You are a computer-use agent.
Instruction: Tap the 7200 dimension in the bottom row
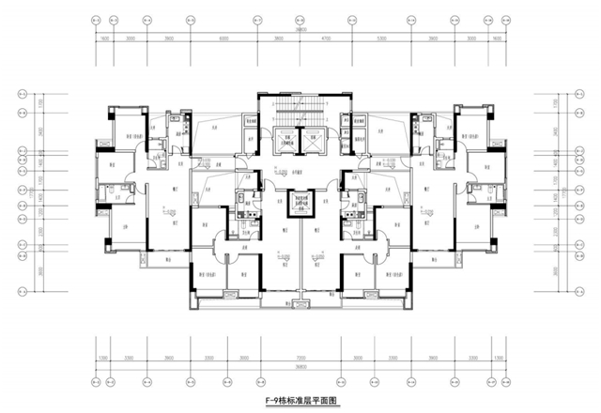pyautogui.click(x=300, y=359)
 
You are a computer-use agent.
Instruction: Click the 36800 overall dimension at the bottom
pyautogui.click(x=300, y=368)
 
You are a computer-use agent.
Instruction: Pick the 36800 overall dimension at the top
pyautogui.click(x=300, y=29)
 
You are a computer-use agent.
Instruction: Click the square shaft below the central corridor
pyautogui.click(x=300, y=202)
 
